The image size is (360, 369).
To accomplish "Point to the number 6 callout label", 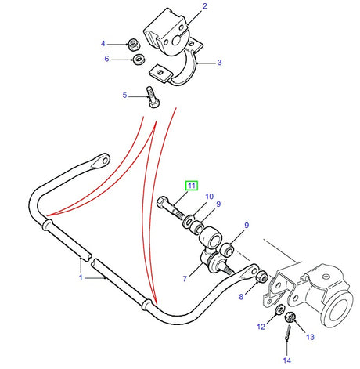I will pos(107,59).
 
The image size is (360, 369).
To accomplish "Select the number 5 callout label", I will pos(124,96).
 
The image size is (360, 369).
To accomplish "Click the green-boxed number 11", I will pos(190,186).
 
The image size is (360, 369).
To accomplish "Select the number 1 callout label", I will pos(81,277).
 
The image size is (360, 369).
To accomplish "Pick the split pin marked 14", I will pos(288,335).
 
